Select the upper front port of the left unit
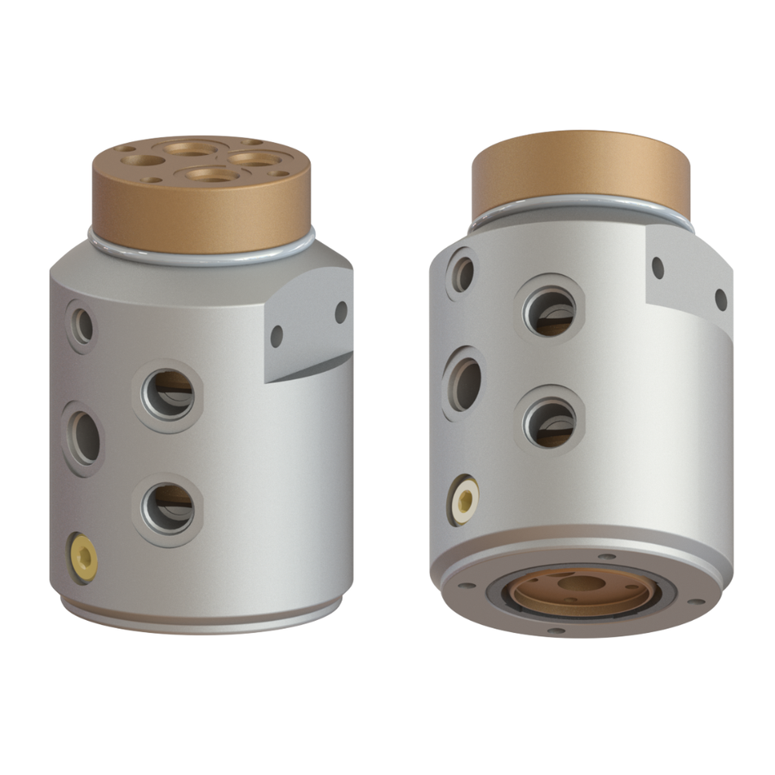(x=169, y=394)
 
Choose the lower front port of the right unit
(x=550, y=423)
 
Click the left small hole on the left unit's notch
(x=277, y=335)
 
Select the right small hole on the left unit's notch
(x=341, y=312)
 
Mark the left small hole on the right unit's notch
(x=658, y=268)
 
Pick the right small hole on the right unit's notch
(x=721, y=299)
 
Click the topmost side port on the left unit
(x=83, y=326)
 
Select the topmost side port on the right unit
(x=463, y=274)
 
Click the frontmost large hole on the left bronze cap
(x=214, y=175)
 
